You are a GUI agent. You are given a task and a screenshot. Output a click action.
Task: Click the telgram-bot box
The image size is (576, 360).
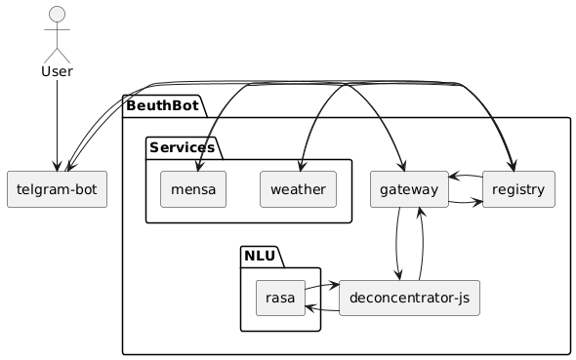(57, 189)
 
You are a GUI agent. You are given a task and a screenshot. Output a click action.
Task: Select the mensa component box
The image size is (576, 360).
(193, 189)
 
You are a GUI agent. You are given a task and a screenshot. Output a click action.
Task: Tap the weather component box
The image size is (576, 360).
(298, 189)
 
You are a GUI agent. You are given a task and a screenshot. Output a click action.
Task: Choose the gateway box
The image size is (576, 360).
(409, 189)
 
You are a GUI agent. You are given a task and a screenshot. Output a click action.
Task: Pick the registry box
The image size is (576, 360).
(518, 189)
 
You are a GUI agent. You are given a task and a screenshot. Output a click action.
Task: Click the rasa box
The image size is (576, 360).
(280, 298)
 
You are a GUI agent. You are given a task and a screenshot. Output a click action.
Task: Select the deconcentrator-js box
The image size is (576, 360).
(409, 298)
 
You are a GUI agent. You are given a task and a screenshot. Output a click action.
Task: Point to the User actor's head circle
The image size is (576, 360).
(57, 15)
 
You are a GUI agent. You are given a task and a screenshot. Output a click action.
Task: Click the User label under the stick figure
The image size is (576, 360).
(57, 71)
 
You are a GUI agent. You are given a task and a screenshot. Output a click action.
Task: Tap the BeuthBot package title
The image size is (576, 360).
(162, 105)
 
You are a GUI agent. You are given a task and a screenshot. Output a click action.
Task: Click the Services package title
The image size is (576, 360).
(182, 147)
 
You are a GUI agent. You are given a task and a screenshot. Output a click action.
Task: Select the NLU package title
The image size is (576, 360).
(260, 256)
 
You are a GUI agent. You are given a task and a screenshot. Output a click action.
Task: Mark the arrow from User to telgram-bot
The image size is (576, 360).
(57, 126)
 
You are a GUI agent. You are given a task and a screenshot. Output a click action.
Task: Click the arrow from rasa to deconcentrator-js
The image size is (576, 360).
(322, 286)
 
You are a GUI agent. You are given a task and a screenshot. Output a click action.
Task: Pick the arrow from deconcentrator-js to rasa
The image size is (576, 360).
(322, 310)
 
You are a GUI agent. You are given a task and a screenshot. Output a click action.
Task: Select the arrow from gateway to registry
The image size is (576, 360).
(466, 202)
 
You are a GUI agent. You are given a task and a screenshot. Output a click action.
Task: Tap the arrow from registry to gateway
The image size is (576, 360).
(466, 177)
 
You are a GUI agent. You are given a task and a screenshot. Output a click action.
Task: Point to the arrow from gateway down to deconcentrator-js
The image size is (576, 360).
(396, 243)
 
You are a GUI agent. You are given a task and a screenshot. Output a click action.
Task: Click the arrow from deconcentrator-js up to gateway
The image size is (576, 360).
(423, 243)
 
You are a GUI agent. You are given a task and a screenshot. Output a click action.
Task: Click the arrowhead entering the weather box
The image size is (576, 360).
(301, 166)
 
